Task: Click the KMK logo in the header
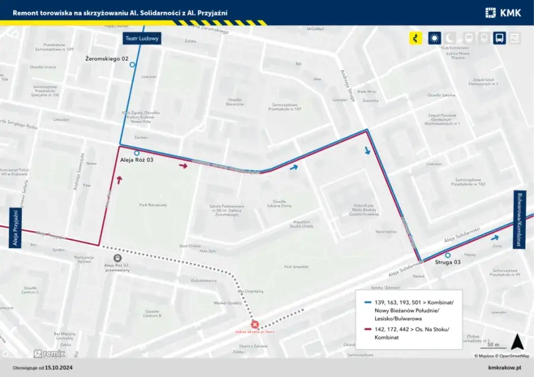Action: point(503,12)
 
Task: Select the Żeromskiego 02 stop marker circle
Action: point(132,65)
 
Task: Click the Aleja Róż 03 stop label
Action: point(136,160)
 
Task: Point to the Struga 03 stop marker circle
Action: point(448,255)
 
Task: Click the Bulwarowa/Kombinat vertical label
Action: point(520,219)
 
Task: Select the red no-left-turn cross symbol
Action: point(255,325)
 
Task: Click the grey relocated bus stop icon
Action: point(118,258)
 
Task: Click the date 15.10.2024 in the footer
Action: point(64,368)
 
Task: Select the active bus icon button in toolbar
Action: point(500,38)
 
